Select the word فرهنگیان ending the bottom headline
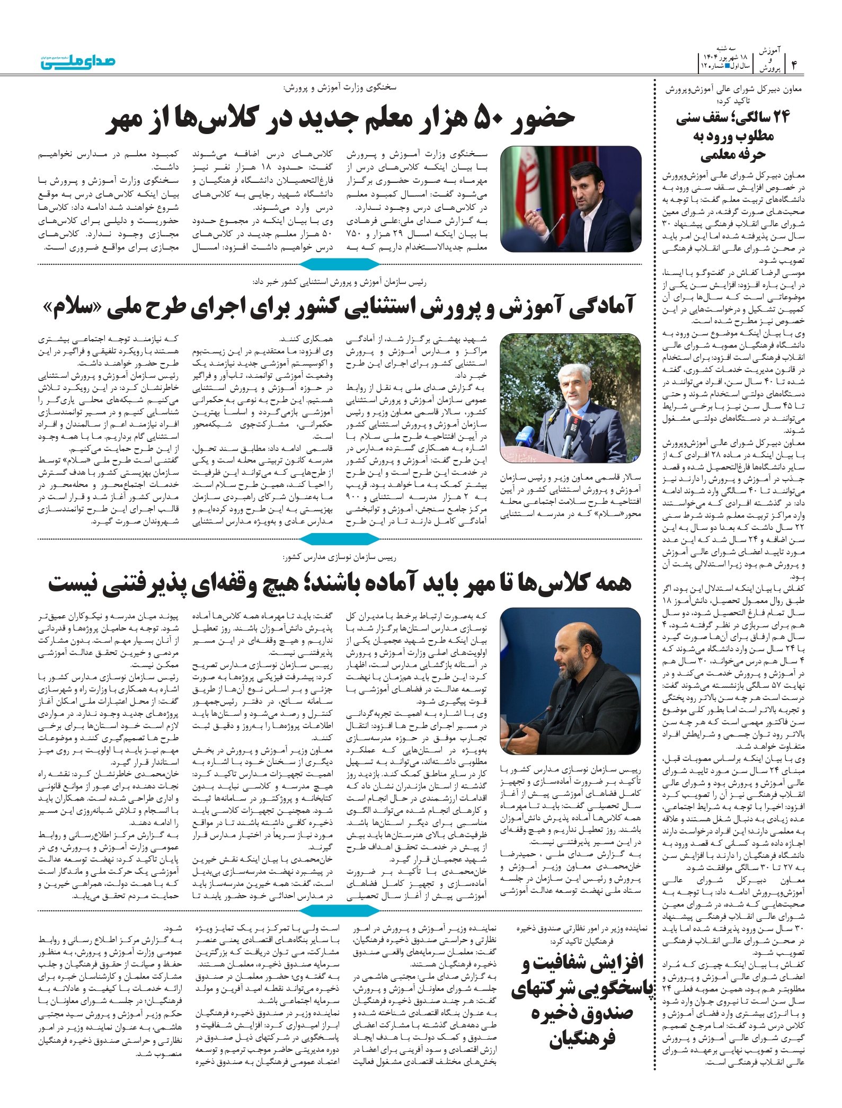point(582,1052)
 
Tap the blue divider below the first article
point(340,264)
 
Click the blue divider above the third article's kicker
point(340,539)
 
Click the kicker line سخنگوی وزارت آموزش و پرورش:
point(339,87)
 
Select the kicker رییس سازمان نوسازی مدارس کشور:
point(339,557)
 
